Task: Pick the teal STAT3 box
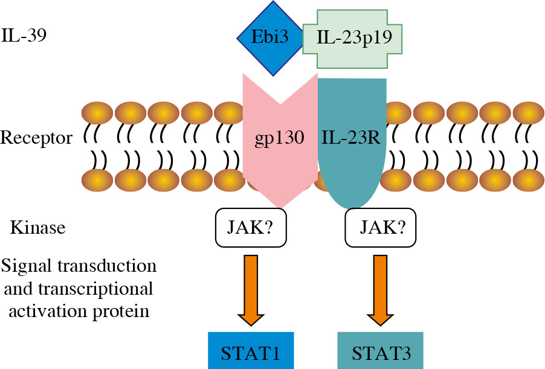[x=380, y=351]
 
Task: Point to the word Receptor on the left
[x=36, y=138]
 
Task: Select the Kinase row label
[x=37, y=228]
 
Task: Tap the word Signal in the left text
[x=22, y=266]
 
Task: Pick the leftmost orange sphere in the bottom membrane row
[x=97, y=181]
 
